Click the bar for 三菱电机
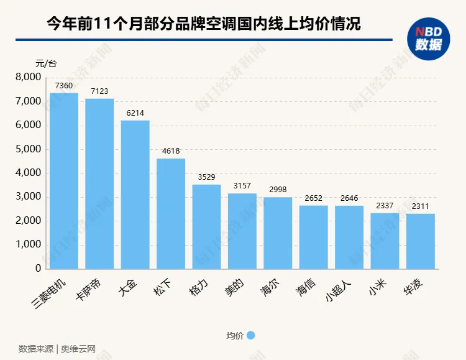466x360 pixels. (x=64, y=180)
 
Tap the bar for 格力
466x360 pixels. (x=206, y=226)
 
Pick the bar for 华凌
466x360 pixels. (x=421, y=241)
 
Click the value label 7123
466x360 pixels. (x=99, y=91)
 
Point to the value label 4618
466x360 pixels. (x=171, y=152)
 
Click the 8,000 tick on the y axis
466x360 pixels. (x=27, y=77)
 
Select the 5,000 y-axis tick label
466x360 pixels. (x=27, y=149)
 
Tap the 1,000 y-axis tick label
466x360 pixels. (x=27, y=245)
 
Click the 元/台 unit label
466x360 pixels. (x=45, y=63)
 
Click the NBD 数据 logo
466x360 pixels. (x=429, y=39)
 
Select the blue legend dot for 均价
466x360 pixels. (x=251, y=335)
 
